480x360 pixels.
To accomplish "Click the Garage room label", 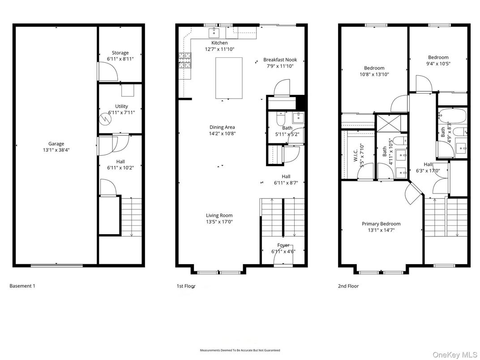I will (x=56, y=144).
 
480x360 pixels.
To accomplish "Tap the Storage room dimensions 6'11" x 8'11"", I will (x=120, y=59).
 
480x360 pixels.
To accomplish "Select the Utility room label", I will (x=121, y=106).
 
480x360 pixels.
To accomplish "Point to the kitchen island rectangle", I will (x=229, y=78).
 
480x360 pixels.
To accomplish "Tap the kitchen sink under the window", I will (x=214, y=32).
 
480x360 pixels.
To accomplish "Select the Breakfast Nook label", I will (x=280, y=60).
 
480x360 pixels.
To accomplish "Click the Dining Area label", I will (x=222, y=127).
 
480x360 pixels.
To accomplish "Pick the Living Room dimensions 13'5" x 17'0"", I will (x=219, y=222).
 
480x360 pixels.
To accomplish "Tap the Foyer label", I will (x=283, y=245).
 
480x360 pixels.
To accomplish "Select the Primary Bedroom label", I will (x=381, y=224).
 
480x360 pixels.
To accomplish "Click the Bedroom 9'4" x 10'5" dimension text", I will (x=438, y=64).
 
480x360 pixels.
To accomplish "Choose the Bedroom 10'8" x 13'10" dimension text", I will (x=374, y=74).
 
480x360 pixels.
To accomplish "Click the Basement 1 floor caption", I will (x=22, y=286).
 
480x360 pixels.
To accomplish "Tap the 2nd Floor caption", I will (x=348, y=286).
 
